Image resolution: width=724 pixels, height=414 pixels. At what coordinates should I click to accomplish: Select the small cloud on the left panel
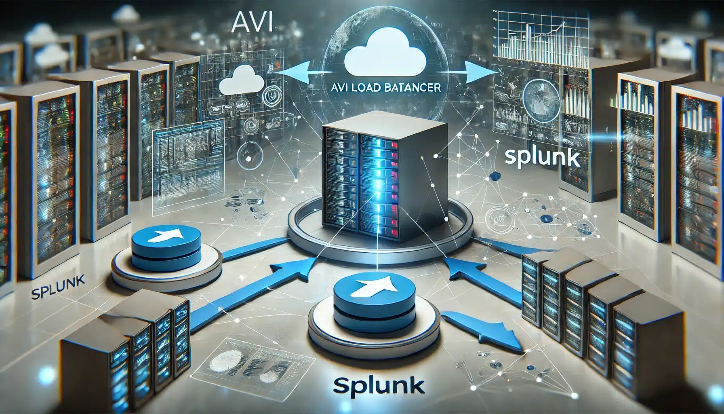coord(240,82)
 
